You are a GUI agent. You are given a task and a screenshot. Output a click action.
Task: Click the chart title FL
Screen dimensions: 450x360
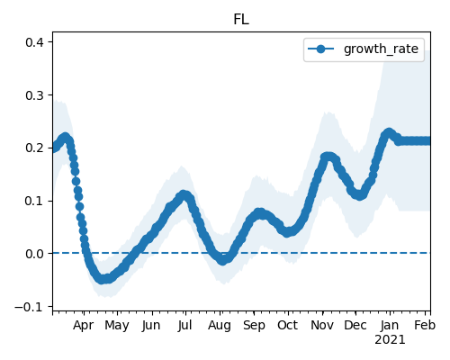pyautogui.click(x=241, y=20)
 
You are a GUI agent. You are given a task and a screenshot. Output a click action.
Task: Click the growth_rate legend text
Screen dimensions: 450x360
pyautogui.click(x=381, y=49)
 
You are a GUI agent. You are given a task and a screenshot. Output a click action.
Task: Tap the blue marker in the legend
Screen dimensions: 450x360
pyautogui.click(x=320, y=49)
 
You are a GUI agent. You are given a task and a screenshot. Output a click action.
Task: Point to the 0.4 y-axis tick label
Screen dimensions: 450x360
pyautogui.click(x=34, y=42)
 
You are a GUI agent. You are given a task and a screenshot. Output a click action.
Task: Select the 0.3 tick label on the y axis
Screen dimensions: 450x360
pyautogui.click(x=34, y=95)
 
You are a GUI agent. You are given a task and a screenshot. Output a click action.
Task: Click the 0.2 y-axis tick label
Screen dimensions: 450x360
pyautogui.click(x=34, y=148)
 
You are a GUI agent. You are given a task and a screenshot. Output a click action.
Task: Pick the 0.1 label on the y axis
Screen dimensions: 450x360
pyautogui.click(x=34, y=201)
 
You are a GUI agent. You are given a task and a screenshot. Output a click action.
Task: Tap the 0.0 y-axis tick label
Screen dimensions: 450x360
pyautogui.click(x=34, y=254)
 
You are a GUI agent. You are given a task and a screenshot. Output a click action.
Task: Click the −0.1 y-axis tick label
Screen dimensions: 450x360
pyautogui.click(x=29, y=307)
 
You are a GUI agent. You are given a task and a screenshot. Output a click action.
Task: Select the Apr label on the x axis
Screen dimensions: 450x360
pyautogui.click(x=84, y=326)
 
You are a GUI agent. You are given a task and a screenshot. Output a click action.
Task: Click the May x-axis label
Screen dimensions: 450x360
pyautogui.click(x=117, y=326)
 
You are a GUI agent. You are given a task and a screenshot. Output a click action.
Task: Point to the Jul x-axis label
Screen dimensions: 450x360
pyautogui.click(x=184, y=325)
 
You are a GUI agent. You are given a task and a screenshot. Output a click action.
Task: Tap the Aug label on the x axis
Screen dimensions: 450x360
pyautogui.click(x=220, y=326)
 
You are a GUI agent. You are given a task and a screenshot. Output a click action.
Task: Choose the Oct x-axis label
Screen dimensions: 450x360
pyautogui.click(x=288, y=325)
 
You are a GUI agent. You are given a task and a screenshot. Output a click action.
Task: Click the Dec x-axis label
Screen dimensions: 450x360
pyautogui.click(x=355, y=325)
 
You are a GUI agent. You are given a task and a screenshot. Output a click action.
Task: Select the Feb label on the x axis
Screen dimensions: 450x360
pyautogui.click(x=425, y=325)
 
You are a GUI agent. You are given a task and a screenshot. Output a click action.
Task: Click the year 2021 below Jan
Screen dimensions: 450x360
pyautogui.click(x=390, y=340)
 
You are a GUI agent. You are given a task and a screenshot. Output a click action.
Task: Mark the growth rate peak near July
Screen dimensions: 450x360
pyautogui.click(x=184, y=195)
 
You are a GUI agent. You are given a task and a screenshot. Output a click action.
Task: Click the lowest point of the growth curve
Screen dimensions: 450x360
pyautogui.click(x=102, y=279)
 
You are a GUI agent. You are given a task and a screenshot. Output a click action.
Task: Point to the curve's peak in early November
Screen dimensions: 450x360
pyautogui.click(x=328, y=157)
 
